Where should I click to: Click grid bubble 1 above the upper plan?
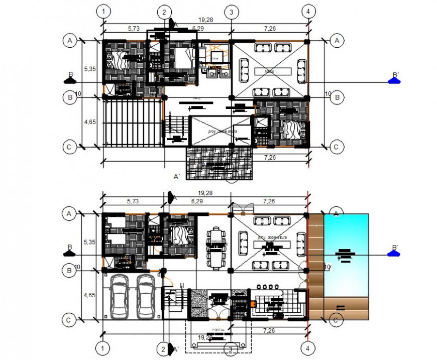(x=103, y=12)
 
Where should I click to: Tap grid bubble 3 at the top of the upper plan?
(x=231, y=12)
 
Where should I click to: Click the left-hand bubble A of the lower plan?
(x=68, y=214)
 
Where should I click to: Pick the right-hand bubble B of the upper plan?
(x=338, y=97)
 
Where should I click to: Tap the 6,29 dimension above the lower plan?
(x=197, y=201)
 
